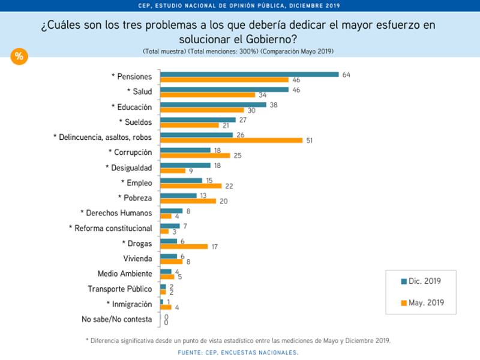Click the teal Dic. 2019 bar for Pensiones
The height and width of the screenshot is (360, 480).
point(250,74)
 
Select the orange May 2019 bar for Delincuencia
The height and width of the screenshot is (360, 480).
point(232,140)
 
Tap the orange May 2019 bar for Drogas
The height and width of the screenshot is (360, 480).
point(184,246)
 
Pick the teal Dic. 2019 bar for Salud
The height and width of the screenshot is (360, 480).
point(224,89)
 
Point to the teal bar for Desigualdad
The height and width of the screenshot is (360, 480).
point(185,165)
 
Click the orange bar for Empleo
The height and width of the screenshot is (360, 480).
point(191,186)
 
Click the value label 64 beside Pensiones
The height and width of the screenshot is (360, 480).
point(346,74)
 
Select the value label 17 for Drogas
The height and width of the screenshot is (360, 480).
point(215,246)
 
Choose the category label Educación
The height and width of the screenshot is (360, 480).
point(131,107)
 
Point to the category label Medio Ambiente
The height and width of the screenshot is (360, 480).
point(124,274)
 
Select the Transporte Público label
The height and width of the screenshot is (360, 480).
point(119,289)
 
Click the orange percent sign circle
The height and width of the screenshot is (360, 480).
point(19,56)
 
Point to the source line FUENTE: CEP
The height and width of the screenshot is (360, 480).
point(238,352)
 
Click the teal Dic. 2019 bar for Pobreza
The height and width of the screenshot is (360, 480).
point(178,195)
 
